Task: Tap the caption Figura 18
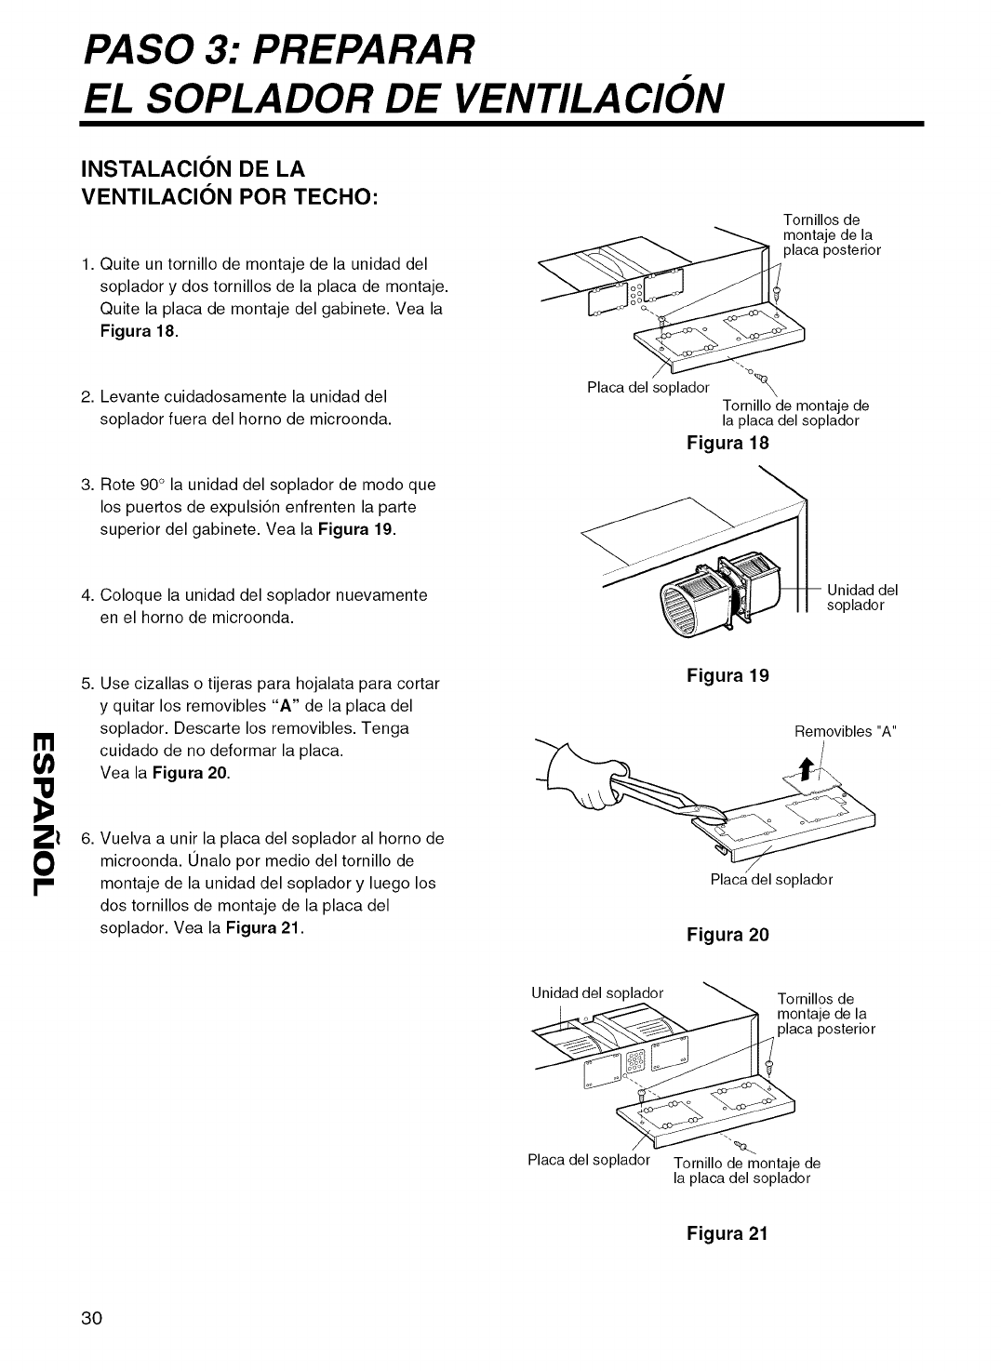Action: (x=727, y=443)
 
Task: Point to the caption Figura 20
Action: (x=727, y=935)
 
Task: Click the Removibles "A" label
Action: (x=844, y=729)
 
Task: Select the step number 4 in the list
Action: (x=86, y=594)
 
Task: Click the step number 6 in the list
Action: (x=86, y=838)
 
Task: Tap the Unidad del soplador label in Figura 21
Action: (x=596, y=992)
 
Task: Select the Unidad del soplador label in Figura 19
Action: (x=861, y=596)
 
